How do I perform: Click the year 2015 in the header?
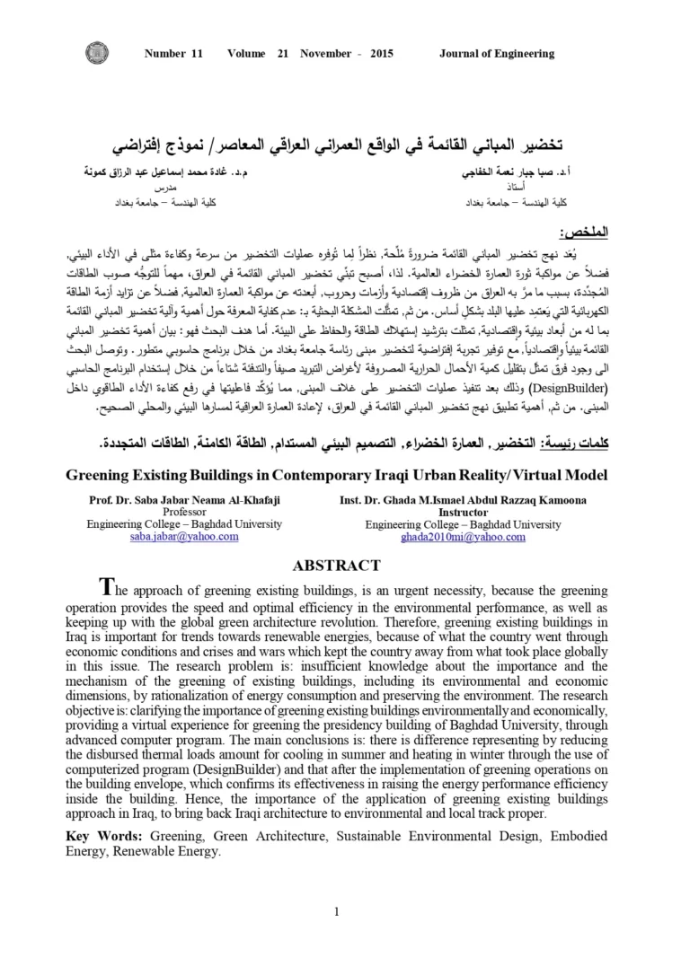point(381,54)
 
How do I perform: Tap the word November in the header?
point(325,54)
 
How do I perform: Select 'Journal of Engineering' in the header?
point(496,54)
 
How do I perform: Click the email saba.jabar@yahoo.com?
point(184,537)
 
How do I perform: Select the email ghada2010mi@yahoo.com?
point(463,537)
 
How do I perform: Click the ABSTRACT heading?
point(336,566)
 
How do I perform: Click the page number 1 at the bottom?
point(336,887)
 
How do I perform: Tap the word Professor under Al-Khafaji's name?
point(184,512)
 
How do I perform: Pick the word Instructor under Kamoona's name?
point(463,512)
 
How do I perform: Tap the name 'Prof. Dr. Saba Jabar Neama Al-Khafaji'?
point(184,499)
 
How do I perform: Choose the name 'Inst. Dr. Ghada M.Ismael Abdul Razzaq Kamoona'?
point(463,499)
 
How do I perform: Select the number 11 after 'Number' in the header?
point(197,54)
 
